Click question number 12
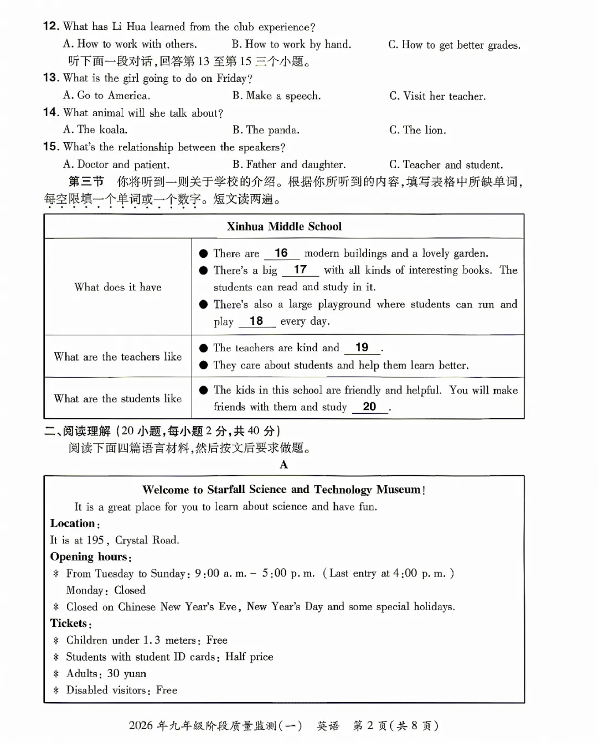(51, 26)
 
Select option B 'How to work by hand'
(291, 44)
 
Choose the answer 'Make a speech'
(276, 96)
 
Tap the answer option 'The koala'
(95, 129)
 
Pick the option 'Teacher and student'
(446, 164)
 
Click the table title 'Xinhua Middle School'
(284, 226)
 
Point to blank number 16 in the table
(281, 253)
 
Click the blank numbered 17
(300, 270)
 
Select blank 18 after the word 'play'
(256, 321)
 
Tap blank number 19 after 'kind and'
(362, 347)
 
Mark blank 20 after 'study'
(369, 407)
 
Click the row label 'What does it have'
(118, 287)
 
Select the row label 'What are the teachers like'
(118, 357)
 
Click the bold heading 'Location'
(73, 523)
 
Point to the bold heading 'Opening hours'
(90, 557)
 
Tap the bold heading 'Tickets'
(69, 624)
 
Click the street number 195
(95, 540)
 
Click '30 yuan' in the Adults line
(127, 673)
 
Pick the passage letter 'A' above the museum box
(283, 465)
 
